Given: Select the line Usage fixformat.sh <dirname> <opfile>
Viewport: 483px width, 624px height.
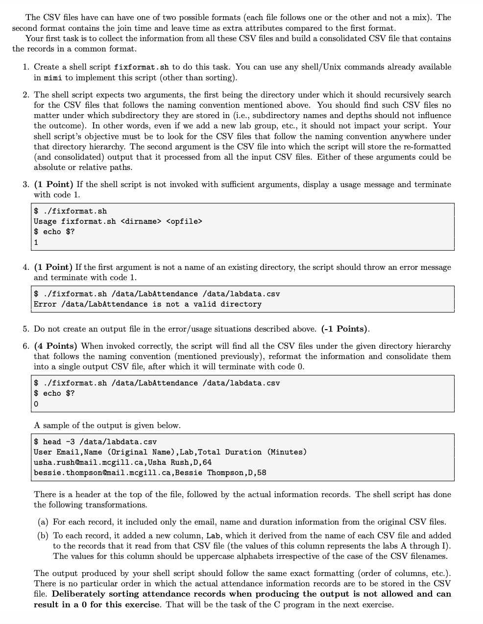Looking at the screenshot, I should (118, 221).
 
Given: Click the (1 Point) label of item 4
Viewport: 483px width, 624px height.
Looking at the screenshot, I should (54, 267).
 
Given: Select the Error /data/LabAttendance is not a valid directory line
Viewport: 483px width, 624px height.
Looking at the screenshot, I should (147, 304).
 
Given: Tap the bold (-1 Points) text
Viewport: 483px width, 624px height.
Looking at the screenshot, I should (345, 329).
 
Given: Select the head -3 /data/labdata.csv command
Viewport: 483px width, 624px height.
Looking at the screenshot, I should (99, 442).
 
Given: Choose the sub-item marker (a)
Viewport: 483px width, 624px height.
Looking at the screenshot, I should (44, 522).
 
